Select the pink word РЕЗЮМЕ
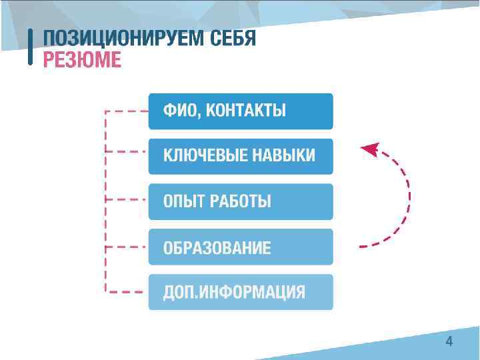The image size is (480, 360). pyautogui.click(x=82, y=60)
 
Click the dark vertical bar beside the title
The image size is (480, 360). pyautogui.click(x=31, y=47)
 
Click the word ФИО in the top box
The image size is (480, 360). pyautogui.click(x=179, y=111)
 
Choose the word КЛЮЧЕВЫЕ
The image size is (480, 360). pyautogui.click(x=204, y=156)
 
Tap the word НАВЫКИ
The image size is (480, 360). pyautogui.click(x=283, y=156)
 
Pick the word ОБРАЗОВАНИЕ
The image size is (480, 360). pyautogui.click(x=217, y=248)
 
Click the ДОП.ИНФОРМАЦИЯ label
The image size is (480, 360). pyautogui.click(x=235, y=292)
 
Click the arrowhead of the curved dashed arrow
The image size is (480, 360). pyautogui.click(x=368, y=148)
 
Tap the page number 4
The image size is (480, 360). pyautogui.click(x=449, y=342)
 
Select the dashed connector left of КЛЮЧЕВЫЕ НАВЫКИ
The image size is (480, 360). pyautogui.click(x=127, y=153)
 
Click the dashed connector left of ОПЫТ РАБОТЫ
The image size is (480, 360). pyautogui.click(x=127, y=199)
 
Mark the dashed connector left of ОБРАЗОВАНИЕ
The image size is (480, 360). pyautogui.click(x=127, y=245)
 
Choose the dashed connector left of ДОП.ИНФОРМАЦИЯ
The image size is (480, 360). pyautogui.click(x=127, y=291)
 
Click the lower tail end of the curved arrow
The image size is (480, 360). pyautogui.click(x=363, y=247)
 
